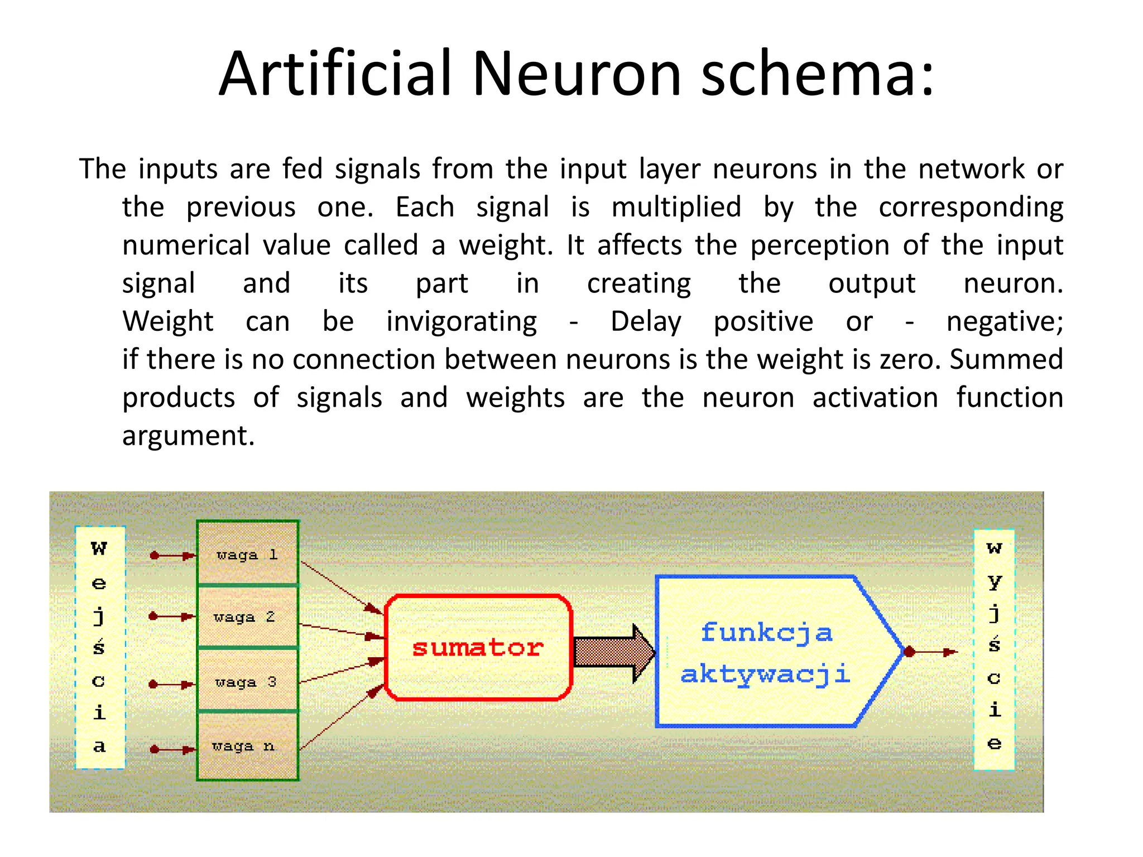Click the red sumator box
point(478,647)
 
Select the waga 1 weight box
point(247,554)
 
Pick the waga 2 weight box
point(247,617)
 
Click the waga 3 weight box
point(247,681)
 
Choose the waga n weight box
point(247,746)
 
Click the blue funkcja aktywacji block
point(767,652)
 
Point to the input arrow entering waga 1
point(173,556)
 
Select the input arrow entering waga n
point(173,749)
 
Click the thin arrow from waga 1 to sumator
point(340,587)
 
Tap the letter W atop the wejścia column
point(99,548)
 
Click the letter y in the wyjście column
point(994,582)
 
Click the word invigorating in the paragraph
point(462,322)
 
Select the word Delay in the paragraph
point(646,322)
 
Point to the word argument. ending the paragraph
point(188,436)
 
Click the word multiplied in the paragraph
point(676,208)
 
